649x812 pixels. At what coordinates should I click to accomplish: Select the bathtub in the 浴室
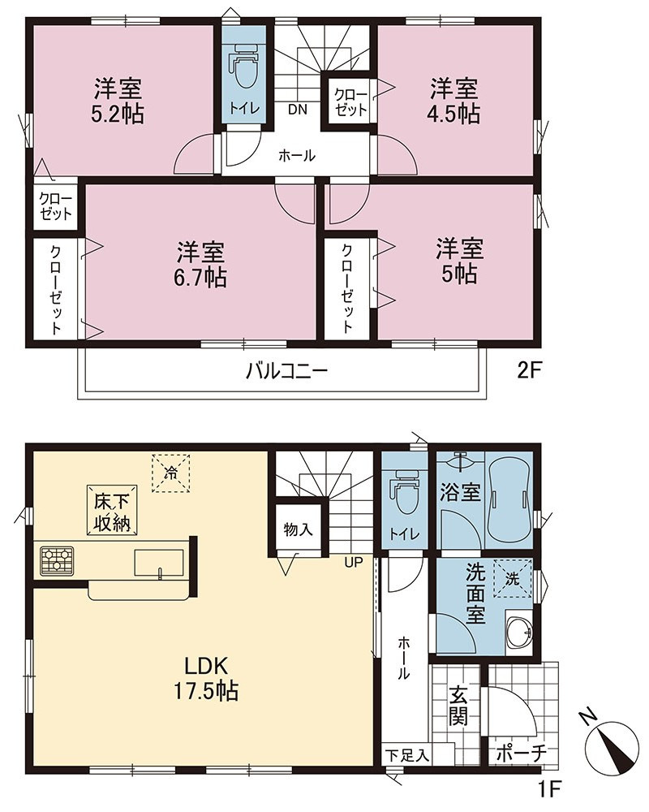509,499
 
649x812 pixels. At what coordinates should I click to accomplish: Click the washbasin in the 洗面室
518,632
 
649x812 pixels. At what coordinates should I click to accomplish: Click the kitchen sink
159,563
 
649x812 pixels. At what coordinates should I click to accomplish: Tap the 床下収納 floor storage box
112,510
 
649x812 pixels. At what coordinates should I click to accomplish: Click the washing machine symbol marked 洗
513,578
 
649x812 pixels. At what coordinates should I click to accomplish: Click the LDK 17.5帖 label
205,677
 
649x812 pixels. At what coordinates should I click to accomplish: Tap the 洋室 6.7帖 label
202,264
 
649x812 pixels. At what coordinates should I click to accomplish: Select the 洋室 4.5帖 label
453,101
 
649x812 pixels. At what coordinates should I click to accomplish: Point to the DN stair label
298,110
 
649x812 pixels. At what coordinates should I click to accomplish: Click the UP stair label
354,563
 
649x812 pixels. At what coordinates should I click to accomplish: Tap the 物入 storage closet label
298,529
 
